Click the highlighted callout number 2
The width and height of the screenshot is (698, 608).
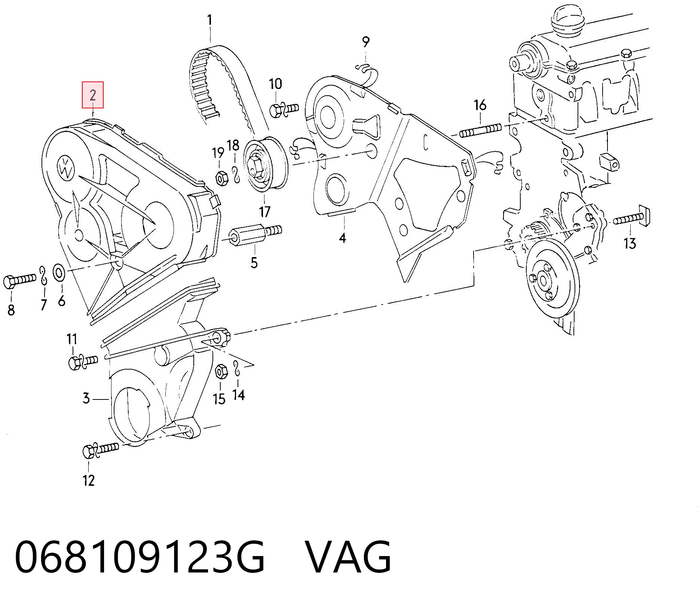click(93, 95)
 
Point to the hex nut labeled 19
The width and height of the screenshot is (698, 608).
click(221, 178)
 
